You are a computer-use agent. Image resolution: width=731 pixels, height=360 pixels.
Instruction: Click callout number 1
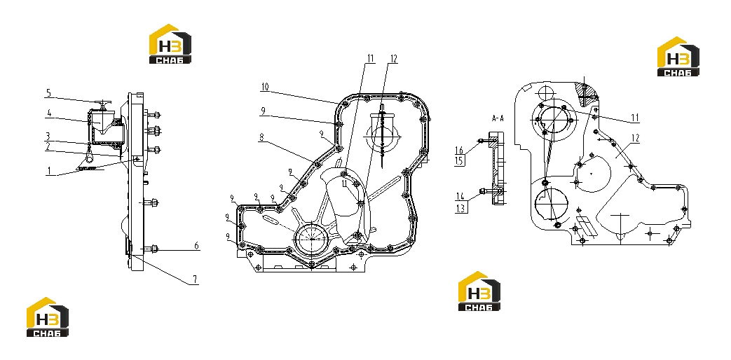[48, 171]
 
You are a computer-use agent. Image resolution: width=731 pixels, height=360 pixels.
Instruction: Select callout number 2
[48, 146]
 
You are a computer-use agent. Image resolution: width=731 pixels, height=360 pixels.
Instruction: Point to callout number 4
[48, 113]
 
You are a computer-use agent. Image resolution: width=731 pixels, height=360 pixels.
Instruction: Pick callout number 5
[48, 93]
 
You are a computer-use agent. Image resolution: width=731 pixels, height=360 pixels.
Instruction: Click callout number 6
[196, 245]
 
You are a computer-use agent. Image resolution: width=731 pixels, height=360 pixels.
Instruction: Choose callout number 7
[196, 279]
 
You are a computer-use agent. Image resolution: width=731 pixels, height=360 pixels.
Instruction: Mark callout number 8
[261, 137]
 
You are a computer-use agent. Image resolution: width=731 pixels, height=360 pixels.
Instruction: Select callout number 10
[265, 87]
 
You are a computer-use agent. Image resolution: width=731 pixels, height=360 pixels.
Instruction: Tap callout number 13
[460, 209]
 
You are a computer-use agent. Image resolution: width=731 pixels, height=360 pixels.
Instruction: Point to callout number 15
[460, 160]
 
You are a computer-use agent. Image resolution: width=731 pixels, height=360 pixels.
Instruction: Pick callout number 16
[460, 150]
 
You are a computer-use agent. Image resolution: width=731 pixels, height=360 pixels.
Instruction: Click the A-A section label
[498, 119]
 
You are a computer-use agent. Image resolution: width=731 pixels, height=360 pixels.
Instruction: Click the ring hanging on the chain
[88, 161]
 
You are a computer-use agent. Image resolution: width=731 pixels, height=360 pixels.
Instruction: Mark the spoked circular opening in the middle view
[311, 238]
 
